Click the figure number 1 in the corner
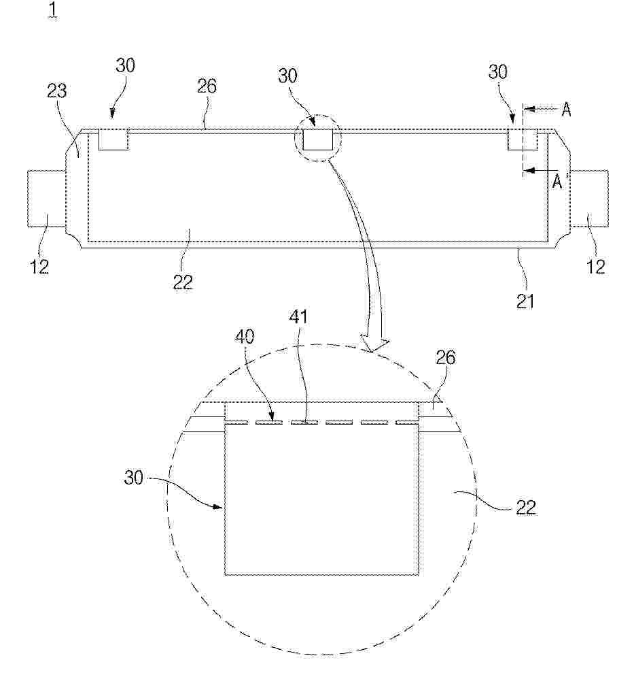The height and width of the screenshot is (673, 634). [53, 10]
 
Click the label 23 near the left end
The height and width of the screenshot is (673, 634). [57, 91]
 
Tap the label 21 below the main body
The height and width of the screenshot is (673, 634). [525, 301]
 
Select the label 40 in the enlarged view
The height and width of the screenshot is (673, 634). [245, 336]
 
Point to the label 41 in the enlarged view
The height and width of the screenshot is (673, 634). [298, 316]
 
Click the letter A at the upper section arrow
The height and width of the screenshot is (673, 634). [566, 110]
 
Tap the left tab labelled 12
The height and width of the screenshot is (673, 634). [47, 198]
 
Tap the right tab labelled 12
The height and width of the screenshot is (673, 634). [588, 198]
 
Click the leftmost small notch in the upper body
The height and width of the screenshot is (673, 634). [113, 140]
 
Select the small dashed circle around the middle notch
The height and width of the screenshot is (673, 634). [317, 137]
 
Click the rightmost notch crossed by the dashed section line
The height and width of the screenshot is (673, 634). [523, 140]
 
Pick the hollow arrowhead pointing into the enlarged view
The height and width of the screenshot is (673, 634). [375, 344]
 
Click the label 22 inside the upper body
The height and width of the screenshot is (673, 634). [183, 282]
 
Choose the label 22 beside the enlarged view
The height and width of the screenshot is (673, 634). [526, 508]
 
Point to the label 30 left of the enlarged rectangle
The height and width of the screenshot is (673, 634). [133, 477]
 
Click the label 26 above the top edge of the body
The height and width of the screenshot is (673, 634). [207, 86]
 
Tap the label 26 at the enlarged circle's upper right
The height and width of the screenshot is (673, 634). [445, 357]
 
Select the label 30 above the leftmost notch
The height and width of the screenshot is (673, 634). [125, 66]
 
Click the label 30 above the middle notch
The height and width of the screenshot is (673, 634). [287, 76]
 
